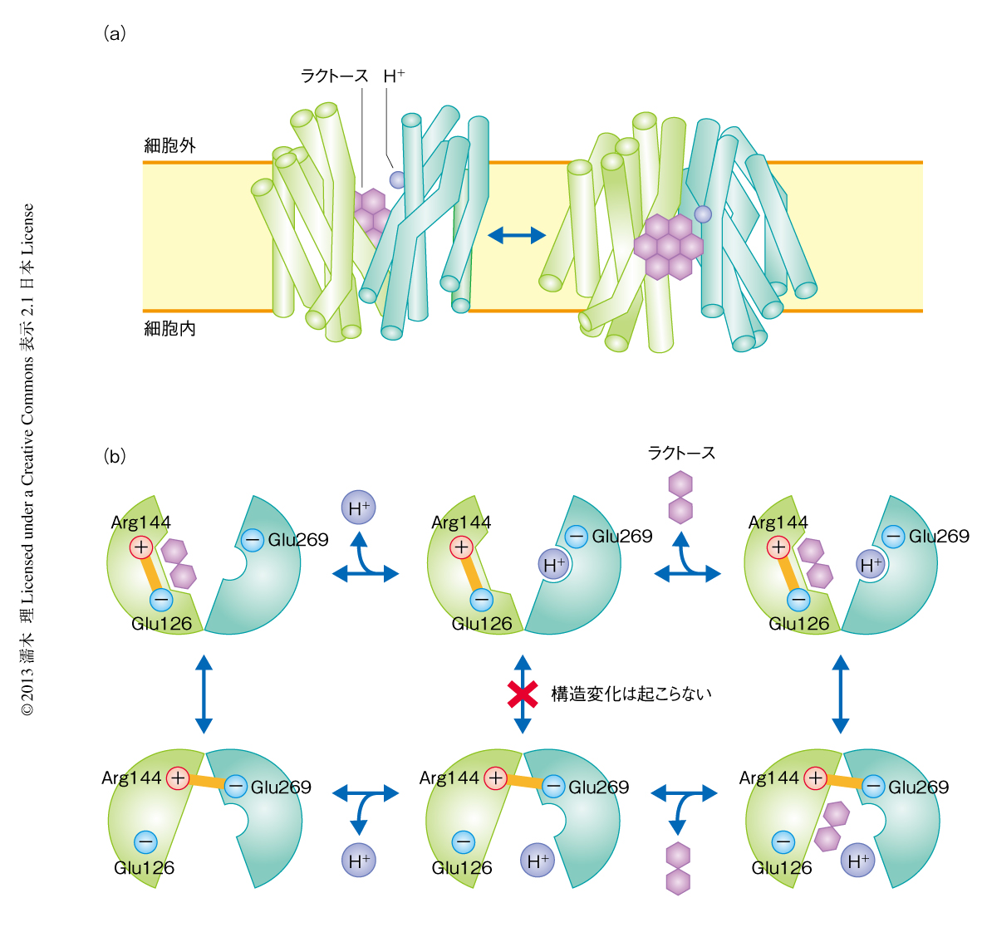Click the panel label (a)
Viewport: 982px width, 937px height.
[x=115, y=33]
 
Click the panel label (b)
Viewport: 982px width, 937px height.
[x=115, y=455]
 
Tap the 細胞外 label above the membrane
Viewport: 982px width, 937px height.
[x=170, y=145]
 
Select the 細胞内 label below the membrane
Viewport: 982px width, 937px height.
[x=170, y=329]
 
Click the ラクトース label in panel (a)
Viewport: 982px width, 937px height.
[x=334, y=76]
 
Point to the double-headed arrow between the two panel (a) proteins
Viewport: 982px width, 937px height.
[x=516, y=236]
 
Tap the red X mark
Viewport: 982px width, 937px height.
[x=523, y=694]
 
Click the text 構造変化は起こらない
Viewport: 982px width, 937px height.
[x=631, y=694]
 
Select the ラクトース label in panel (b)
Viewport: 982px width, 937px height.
[x=681, y=453]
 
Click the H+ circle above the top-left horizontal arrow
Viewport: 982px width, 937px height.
[x=359, y=507]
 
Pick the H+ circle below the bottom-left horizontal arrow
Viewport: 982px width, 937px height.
[x=359, y=861]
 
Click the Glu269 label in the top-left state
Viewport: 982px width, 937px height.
[x=297, y=540]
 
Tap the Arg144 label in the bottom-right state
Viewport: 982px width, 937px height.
[x=768, y=778]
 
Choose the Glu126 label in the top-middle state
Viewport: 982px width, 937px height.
[x=482, y=624]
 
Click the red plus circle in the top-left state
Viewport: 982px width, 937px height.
[x=141, y=547]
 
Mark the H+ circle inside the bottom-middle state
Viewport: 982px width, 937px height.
[x=538, y=861]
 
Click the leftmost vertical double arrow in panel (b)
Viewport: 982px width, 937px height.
[x=204, y=694]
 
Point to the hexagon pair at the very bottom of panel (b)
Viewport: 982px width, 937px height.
[x=679, y=868]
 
